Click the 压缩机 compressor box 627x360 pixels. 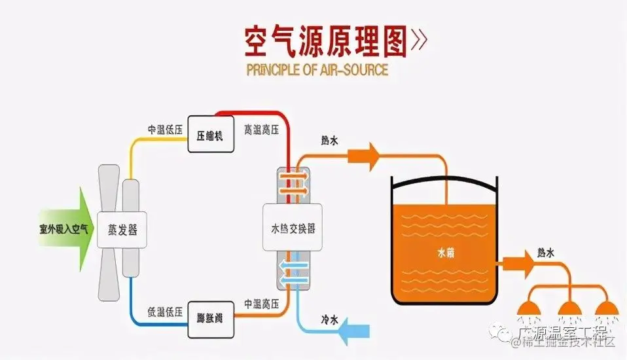[210, 134]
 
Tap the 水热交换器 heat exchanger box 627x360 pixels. [293, 228]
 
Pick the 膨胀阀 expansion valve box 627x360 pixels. [210, 319]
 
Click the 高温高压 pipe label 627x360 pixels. [261, 130]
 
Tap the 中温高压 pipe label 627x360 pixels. [262, 304]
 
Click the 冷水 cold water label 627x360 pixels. [329, 320]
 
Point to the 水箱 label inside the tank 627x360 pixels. [445, 251]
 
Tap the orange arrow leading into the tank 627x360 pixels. [362, 156]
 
